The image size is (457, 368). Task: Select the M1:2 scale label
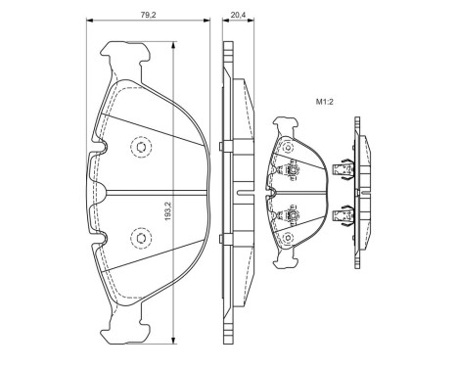[325, 101]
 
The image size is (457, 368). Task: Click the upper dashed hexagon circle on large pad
[139, 148]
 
